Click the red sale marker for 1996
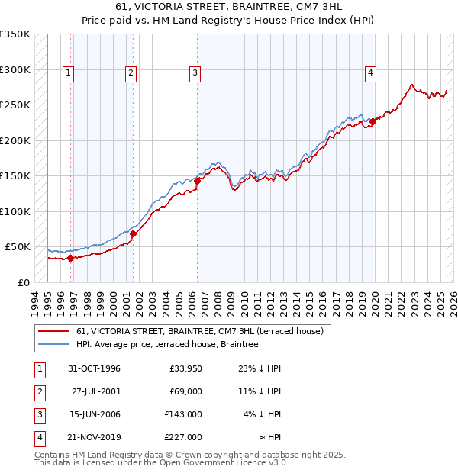coord(70,258)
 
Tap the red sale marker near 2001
coord(133,233)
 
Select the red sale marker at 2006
coord(197,181)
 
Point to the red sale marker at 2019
coord(373,121)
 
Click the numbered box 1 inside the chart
coord(68,73)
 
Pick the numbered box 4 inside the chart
coord(370,73)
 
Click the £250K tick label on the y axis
coord(15,105)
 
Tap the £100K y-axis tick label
coord(15,211)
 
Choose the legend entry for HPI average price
coord(167,344)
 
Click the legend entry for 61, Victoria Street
coord(200,331)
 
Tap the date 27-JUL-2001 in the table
coord(95,391)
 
